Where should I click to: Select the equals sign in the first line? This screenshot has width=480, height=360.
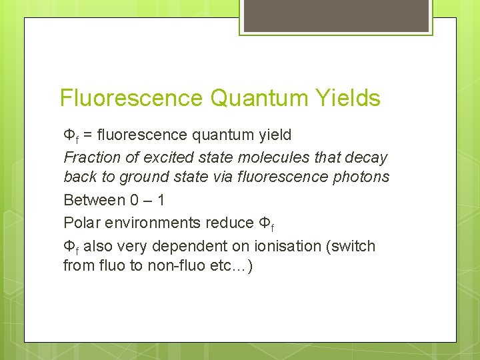pos(87,135)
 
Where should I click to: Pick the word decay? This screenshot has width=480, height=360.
pos(366,158)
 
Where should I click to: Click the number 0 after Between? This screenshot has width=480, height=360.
pos(135,200)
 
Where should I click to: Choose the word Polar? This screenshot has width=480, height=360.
pos(83,223)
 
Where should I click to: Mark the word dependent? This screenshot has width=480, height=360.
pos(182,246)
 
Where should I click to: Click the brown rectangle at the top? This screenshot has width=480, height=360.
pos(335,15)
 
